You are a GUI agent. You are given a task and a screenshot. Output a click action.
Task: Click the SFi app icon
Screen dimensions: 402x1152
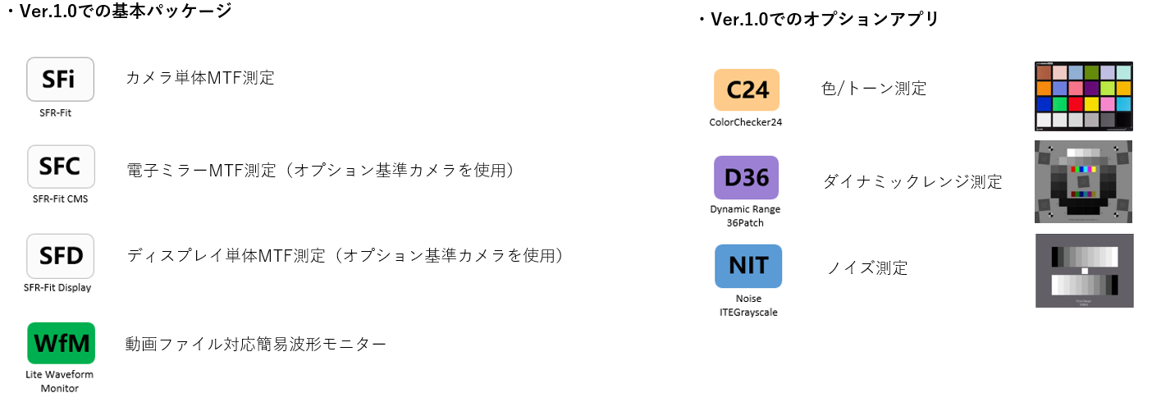coord(61,79)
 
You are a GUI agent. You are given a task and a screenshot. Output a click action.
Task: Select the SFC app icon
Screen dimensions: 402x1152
coord(61,167)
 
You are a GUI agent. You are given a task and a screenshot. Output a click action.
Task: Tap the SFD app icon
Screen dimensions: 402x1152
coord(61,255)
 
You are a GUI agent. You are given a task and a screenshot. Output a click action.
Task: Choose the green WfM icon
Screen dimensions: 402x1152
coord(61,343)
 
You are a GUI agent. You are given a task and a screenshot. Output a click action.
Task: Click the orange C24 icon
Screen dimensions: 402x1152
coord(747,89)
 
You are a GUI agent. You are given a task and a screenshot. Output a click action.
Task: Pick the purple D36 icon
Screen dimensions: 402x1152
coord(746,177)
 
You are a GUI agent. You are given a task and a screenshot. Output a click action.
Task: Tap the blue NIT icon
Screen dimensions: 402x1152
coord(747,266)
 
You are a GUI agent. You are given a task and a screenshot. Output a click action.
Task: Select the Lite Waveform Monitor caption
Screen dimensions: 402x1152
coord(60,381)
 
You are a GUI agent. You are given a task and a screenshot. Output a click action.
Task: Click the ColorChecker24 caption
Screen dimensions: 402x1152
coord(746,122)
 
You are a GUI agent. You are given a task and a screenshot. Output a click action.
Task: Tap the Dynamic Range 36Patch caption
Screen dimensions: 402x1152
coord(746,215)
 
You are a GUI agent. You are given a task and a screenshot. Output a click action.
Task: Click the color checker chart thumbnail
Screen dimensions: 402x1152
coord(1084,96)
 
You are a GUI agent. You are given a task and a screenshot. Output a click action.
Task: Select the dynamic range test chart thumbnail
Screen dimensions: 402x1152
coord(1084,182)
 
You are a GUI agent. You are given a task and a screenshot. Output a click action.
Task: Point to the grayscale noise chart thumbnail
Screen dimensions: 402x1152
coord(1084,271)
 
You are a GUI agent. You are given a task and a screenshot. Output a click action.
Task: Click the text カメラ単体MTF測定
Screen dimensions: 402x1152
coord(199,78)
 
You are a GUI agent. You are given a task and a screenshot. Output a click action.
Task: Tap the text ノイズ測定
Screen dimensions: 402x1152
coord(867,267)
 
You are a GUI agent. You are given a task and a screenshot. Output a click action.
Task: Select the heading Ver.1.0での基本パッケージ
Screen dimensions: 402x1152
coord(120,11)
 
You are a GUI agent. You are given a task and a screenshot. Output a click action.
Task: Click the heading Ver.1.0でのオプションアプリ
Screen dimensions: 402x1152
coord(821,19)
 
